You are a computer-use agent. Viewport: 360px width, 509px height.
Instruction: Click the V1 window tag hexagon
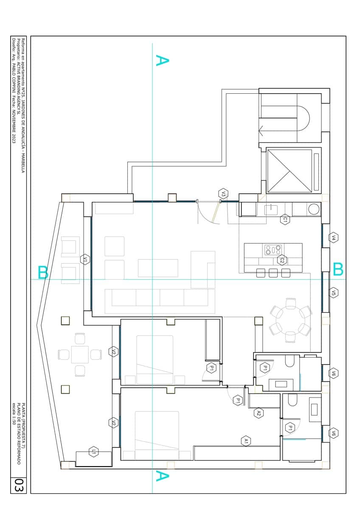[85, 259]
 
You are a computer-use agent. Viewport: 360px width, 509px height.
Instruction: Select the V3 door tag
[223, 194]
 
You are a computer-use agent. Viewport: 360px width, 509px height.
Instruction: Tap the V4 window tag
[334, 238]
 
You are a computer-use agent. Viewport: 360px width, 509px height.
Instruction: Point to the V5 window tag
[334, 293]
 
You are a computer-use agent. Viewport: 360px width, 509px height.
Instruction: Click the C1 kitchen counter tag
[285, 220]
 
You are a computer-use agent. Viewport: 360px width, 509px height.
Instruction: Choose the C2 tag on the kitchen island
[281, 260]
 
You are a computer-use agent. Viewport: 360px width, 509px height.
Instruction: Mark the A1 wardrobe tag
[245, 441]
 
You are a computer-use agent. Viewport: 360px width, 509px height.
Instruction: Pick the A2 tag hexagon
[259, 412]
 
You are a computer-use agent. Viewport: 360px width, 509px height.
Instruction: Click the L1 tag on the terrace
[93, 452]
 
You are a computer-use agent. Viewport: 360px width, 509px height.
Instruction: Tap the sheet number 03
[18, 485]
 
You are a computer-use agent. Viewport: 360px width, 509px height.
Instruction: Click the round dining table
[291, 320]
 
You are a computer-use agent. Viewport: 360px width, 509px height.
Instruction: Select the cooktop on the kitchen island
[273, 250]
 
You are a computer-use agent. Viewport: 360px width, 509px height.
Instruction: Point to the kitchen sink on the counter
[270, 209]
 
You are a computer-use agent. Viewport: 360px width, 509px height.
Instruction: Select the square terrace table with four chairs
[80, 355]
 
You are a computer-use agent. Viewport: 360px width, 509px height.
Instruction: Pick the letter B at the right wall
[338, 269]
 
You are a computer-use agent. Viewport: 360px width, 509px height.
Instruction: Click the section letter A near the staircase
[162, 60]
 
